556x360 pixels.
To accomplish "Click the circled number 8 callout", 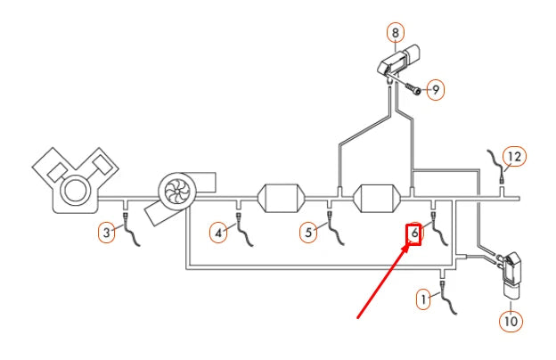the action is pos(396,33).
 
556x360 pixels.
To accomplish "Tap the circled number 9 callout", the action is pos(436,90).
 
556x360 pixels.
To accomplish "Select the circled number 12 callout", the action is pos(514,157).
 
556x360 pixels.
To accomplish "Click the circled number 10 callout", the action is pos(511,322).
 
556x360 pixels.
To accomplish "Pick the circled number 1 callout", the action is pos(423,299).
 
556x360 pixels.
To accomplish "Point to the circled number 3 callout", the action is pos(107,233).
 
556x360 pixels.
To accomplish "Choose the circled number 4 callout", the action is pos(218,233).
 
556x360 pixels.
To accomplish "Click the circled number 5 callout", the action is pos(308,233).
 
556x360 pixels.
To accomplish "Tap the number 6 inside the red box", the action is pos(414,233).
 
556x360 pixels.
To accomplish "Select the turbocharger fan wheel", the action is pos(176,191).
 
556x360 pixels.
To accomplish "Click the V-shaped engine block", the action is pos(75,180).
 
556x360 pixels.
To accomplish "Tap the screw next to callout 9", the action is pos(413,88).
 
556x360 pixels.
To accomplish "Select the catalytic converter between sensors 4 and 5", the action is pos(282,198).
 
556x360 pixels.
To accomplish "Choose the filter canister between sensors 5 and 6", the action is pos(377,199).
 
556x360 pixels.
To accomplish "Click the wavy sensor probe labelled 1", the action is pos(448,299).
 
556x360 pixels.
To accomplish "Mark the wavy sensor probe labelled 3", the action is pos(131,230).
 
